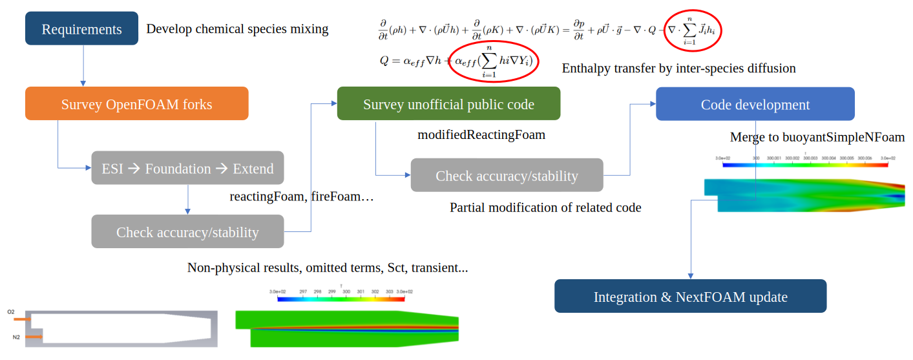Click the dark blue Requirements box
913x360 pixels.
click(x=81, y=29)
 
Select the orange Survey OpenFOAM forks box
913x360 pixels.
click(x=136, y=104)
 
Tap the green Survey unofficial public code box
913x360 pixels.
click(x=448, y=104)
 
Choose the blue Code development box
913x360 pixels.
click(x=755, y=104)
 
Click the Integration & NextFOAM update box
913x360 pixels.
click(x=690, y=297)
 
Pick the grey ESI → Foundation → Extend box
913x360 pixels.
click(x=187, y=168)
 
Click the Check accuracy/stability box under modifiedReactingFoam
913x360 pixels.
click(x=507, y=175)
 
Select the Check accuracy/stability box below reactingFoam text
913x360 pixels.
click(x=187, y=231)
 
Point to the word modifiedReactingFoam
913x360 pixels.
click(x=481, y=135)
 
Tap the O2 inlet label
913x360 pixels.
click(x=11, y=312)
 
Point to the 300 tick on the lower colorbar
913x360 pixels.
click(x=346, y=292)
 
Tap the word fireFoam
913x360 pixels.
click(x=335, y=196)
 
